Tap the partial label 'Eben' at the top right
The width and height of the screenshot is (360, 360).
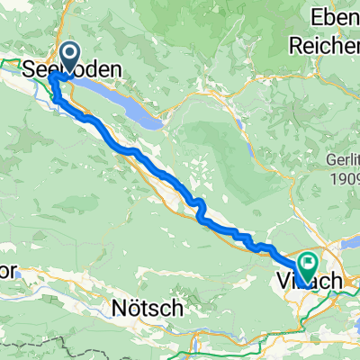[334, 17]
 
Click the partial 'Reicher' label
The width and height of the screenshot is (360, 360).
[324, 42]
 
